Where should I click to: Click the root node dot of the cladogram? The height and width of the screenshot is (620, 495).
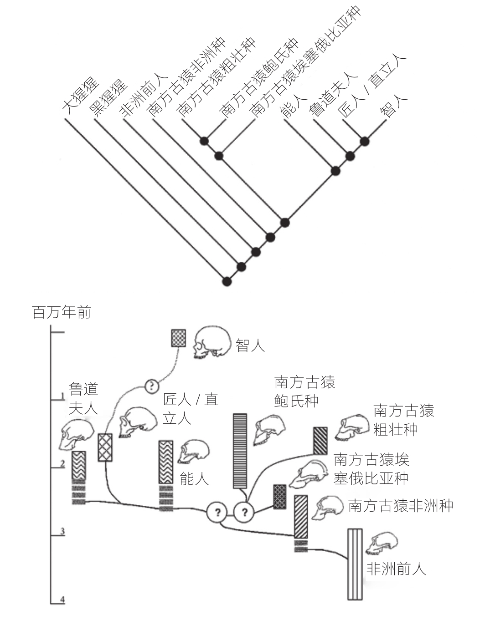coord(227,281)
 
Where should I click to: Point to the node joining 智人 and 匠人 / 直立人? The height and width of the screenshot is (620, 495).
coord(364,141)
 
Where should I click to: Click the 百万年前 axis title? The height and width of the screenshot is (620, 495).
coord(62,313)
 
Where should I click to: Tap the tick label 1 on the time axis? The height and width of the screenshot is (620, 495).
coord(62,396)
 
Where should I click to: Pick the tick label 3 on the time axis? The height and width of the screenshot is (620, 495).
coord(62,531)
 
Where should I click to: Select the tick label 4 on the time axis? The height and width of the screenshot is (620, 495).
coord(62,600)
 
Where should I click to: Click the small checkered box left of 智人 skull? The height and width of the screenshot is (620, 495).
coord(178,338)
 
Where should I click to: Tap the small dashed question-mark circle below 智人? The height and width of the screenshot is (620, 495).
coord(151,386)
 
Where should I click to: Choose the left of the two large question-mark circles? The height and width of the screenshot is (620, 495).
coord(217,513)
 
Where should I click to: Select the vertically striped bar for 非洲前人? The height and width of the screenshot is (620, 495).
coord(355,564)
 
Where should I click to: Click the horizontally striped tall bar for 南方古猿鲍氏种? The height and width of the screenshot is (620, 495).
coord(240,451)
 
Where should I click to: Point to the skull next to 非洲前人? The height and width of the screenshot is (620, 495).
coord(382,544)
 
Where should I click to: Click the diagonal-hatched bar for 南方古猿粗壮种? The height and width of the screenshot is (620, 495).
coord(320,441)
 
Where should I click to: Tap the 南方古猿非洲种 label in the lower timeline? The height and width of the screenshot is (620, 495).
coord(400,506)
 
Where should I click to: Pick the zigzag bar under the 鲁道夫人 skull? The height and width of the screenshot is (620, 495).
coord(79,465)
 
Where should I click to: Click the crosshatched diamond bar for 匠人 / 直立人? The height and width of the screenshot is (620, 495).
coord(105,447)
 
